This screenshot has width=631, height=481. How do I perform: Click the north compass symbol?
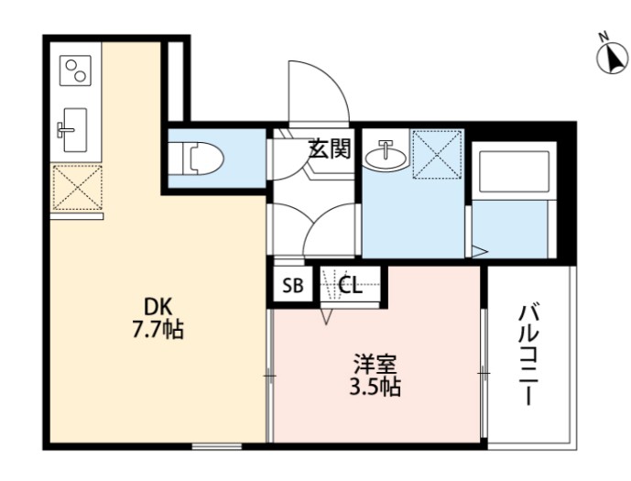[612, 58]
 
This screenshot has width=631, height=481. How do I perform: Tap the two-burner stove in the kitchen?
[75, 71]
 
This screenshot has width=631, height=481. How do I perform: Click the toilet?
[202, 159]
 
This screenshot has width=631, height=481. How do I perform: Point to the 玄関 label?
[330, 148]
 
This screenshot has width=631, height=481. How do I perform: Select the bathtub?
[514, 173]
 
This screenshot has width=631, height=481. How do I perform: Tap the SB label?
[292, 286]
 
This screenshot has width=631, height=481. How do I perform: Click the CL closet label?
[350, 286]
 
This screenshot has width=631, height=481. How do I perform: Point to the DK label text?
[158, 308]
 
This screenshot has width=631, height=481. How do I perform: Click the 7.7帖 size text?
[158, 330]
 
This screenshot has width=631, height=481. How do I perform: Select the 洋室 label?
[375, 364]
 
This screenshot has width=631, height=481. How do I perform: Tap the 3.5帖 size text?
[375, 387]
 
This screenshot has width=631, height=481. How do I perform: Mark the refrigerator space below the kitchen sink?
[77, 187]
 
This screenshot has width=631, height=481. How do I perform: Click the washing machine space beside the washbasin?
[438, 154]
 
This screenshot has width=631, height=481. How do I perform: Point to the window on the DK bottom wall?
[216, 445]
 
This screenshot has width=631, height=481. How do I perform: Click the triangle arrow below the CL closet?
[327, 316]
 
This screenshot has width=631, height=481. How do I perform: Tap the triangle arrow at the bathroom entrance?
[480, 252]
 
